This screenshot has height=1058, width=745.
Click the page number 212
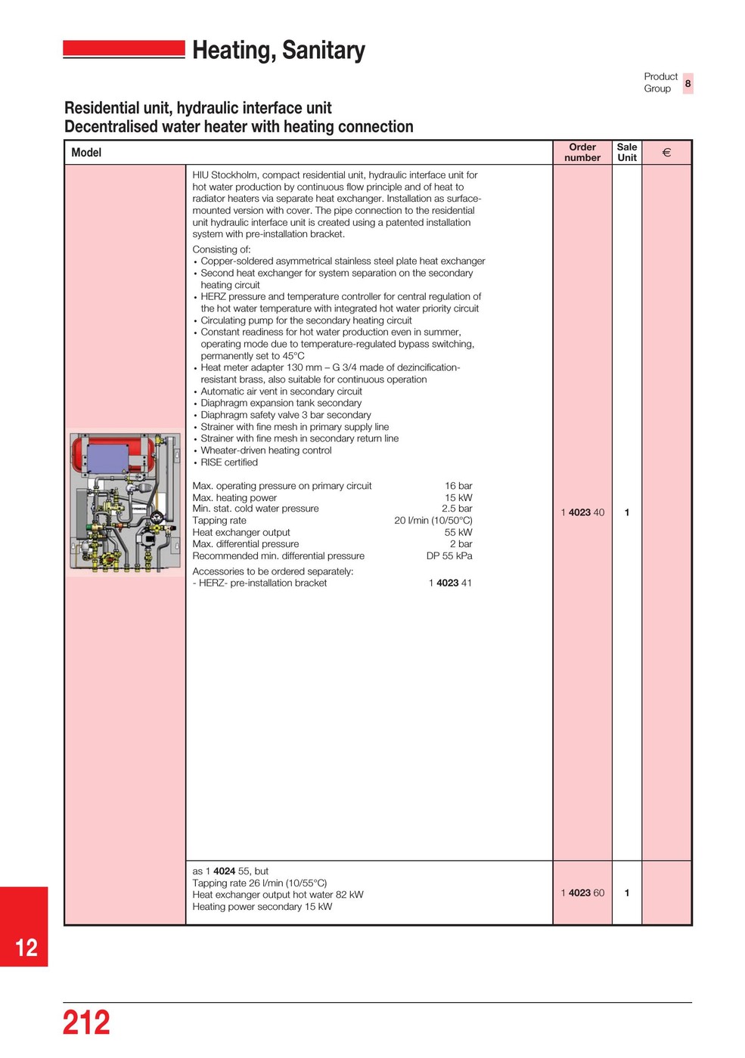point(86,1022)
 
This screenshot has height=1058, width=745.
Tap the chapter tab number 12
point(26,948)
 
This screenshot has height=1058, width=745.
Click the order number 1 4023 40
point(582,512)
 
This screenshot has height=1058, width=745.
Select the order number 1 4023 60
point(582,893)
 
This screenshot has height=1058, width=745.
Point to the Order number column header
point(582,153)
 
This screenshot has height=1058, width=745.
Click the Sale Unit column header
point(627,153)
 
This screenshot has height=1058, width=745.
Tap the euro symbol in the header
point(666,153)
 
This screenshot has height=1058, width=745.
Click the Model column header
point(86,153)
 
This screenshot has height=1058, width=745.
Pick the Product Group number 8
point(688,83)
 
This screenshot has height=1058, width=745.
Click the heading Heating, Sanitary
point(278,51)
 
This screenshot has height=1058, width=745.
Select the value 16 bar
point(458,486)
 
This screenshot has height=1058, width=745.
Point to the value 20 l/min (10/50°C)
point(433,521)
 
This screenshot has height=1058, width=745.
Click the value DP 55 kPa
point(449,556)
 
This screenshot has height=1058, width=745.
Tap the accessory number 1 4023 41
point(450,583)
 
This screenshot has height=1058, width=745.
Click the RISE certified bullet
point(229,462)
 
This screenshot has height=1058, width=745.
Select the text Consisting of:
point(222,249)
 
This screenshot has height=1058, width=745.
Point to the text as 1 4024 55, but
point(231,871)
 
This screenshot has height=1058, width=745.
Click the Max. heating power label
point(234,498)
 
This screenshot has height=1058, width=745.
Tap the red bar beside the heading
point(124,49)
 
